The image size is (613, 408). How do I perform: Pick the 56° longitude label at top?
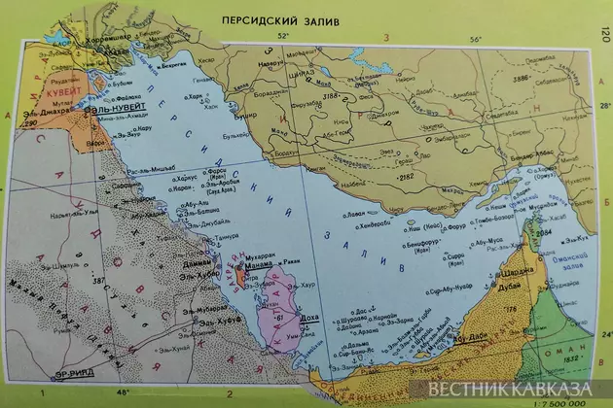tap(476, 39)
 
